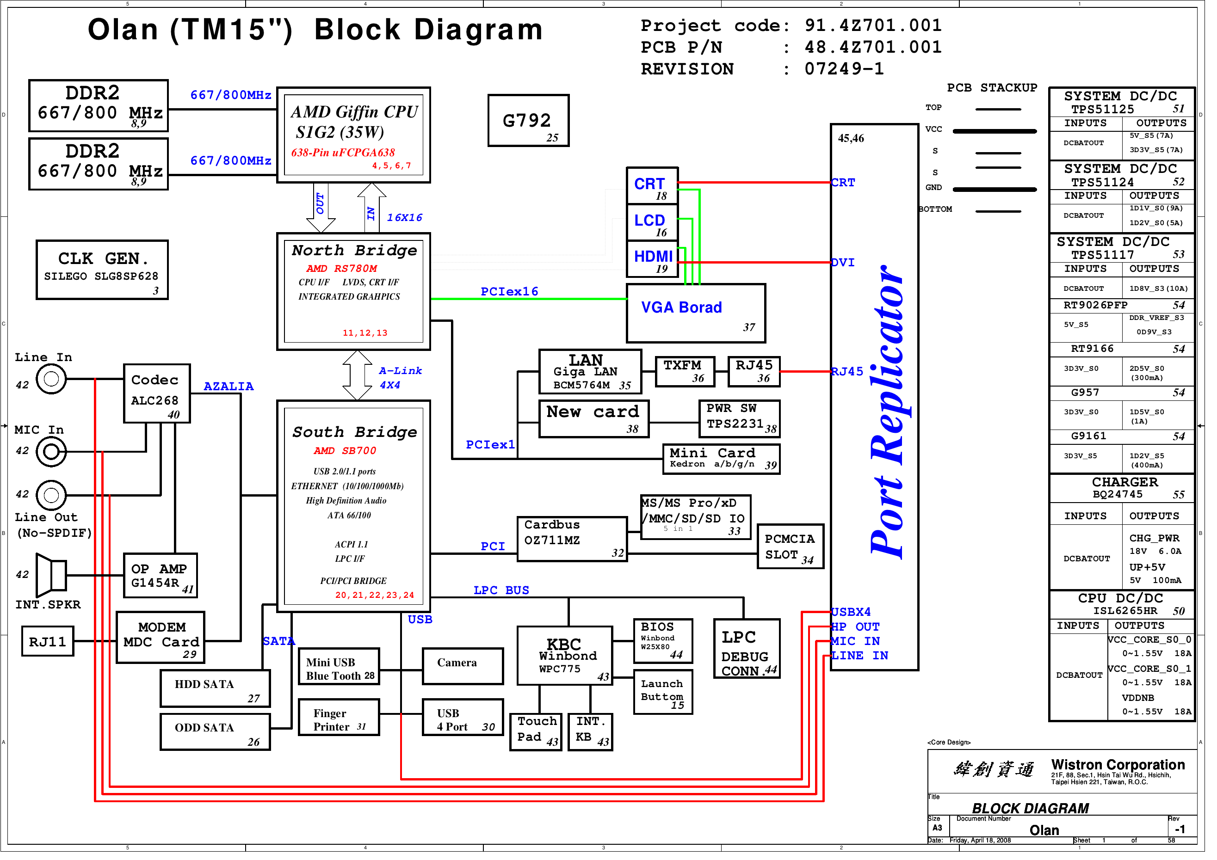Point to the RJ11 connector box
point(48,647)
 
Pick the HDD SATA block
point(217,694)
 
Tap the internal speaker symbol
point(51,580)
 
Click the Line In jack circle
point(51,382)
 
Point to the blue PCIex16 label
point(514,294)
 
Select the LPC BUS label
point(506,596)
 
